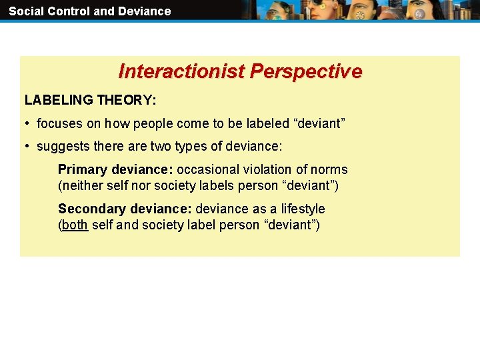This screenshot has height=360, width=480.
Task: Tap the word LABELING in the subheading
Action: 59,101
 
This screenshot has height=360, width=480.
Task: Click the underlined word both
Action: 75,225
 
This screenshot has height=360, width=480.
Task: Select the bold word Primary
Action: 82,170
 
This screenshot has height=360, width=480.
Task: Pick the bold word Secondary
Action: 91,209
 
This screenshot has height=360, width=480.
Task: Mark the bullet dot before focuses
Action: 27,124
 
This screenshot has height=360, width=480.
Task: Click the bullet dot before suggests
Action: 27,147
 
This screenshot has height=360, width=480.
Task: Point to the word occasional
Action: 208,170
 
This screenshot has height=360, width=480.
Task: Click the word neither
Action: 83,186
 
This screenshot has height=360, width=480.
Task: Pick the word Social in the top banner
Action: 26,11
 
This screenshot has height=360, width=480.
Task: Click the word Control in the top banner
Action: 69,11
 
